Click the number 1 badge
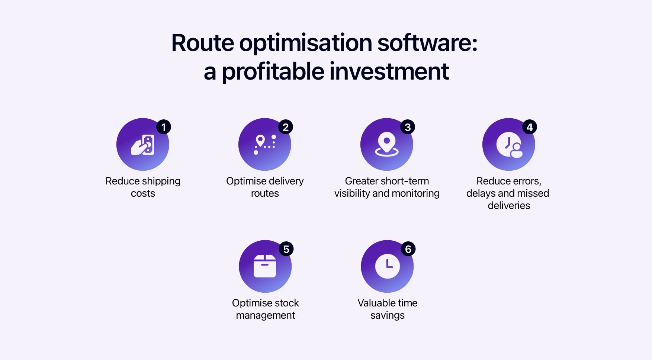tap(163, 127)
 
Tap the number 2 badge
tap(286, 127)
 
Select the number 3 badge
tap(408, 127)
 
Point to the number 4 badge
tap(530, 127)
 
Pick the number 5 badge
tap(286, 249)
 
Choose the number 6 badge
tap(408, 249)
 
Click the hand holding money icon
tap(143, 145)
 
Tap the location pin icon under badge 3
tap(387, 144)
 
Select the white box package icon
tap(265, 266)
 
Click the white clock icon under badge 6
tap(387, 266)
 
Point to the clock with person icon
tap(509, 145)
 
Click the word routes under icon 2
tap(265, 193)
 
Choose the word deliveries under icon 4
tap(509, 206)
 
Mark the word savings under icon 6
tap(387, 315)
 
